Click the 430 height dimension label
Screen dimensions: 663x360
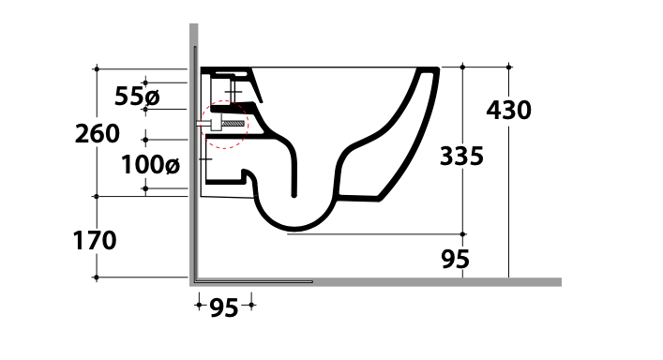(x=508, y=110)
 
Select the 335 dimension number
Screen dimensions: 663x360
(x=461, y=156)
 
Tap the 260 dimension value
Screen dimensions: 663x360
(x=98, y=133)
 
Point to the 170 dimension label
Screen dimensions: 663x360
(x=95, y=240)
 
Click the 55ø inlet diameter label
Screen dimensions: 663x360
(x=137, y=97)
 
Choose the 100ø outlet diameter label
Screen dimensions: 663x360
(x=151, y=164)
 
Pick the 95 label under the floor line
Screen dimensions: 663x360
(x=224, y=307)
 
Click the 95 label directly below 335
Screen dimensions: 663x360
(x=456, y=259)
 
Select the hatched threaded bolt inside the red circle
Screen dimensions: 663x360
(x=233, y=124)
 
